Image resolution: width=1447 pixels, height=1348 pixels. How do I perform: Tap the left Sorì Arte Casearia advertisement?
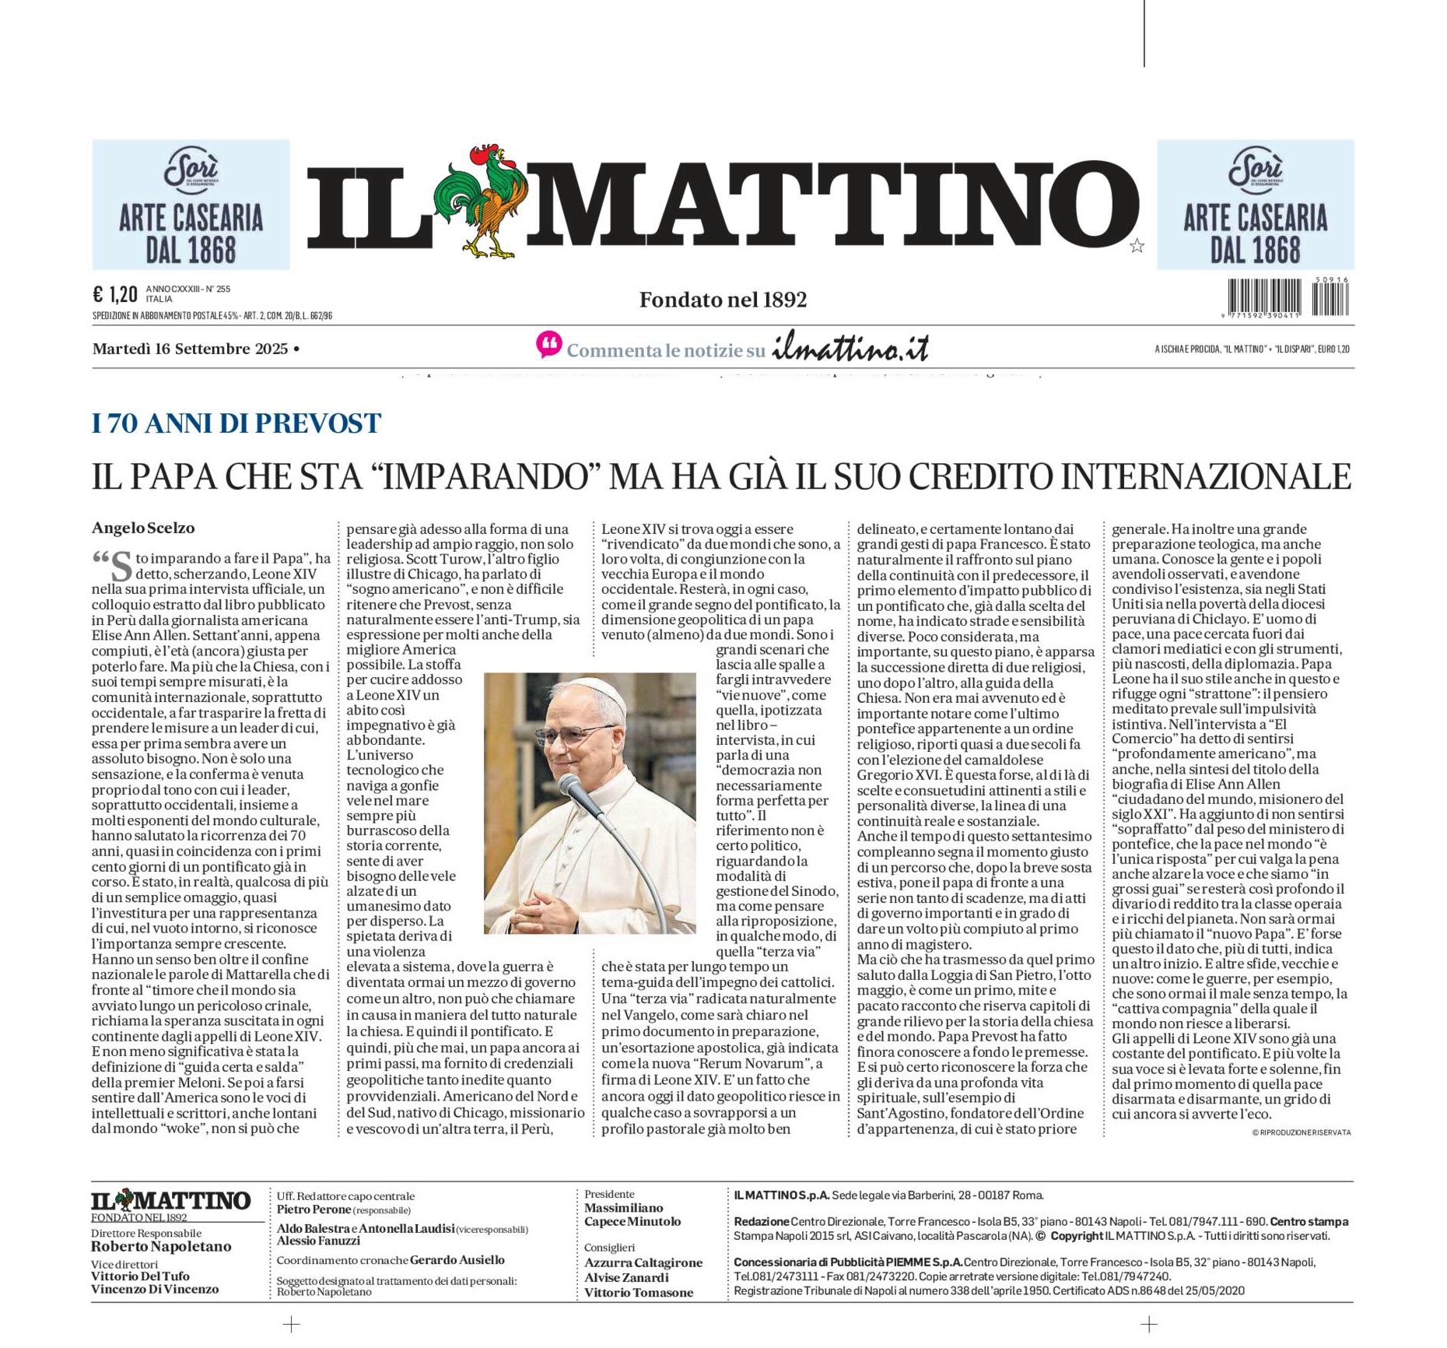[x=191, y=205]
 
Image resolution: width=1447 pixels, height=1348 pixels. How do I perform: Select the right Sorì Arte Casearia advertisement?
[x=1255, y=205]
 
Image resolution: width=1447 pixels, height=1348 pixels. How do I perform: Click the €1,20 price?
[x=114, y=294]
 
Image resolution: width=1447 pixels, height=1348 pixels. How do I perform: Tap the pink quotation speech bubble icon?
[x=548, y=345]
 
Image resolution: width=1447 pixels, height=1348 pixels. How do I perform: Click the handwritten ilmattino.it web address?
[x=850, y=349]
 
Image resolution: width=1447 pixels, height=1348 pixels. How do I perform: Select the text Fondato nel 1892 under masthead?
[x=723, y=300]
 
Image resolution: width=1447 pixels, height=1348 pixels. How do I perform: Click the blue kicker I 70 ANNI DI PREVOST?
[x=236, y=423]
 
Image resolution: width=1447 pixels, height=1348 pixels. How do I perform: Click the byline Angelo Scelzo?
[x=143, y=528]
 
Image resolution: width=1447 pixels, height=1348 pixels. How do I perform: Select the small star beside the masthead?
[x=1137, y=247]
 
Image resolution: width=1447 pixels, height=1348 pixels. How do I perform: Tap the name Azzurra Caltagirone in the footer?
[x=643, y=1262]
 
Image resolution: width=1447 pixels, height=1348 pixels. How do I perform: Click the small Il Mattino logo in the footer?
[x=170, y=1201]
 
